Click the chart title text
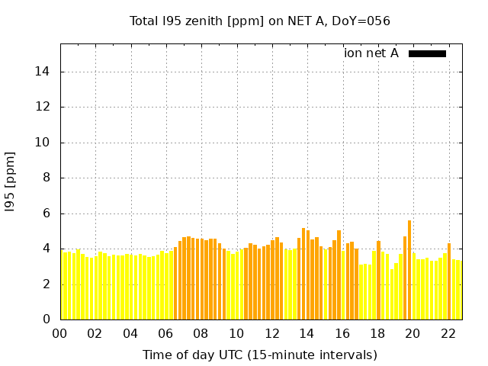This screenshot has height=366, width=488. (260, 21)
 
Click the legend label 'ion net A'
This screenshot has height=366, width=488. (371, 53)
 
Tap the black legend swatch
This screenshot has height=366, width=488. (427, 53)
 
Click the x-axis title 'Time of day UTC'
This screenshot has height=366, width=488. (260, 355)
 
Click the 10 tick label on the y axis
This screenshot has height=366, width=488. (43, 143)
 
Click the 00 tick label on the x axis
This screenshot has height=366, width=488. (60, 333)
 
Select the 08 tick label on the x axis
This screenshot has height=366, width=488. (201, 333)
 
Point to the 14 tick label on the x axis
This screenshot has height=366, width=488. (307, 333)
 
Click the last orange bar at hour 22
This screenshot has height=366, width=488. (449, 281)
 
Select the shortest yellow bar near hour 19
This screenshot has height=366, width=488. (392, 294)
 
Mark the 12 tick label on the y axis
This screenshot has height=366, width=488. (43, 108)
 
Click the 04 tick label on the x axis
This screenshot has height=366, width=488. (130, 333)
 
